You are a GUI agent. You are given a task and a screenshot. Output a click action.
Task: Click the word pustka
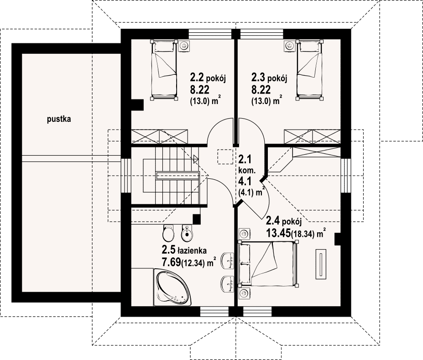(x=59, y=119)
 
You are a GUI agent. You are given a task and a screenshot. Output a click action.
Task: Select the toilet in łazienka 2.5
(x=169, y=233)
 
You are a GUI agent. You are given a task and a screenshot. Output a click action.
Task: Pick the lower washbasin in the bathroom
(x=227, y=284)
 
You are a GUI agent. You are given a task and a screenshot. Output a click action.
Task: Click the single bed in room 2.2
(x=164, y=70)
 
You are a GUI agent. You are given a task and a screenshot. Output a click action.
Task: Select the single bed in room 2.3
(x=309, y=70)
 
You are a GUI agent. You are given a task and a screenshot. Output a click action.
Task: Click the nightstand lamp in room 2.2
(x=184, y=46)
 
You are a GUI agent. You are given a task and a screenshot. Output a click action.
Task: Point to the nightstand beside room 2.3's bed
(x=290, y=46)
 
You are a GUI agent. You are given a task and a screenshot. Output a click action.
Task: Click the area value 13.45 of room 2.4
(x=278, y=233)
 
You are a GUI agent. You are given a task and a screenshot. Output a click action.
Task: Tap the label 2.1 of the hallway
(x=245, y=159)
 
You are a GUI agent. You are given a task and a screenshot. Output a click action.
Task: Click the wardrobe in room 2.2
(x=159, y=136)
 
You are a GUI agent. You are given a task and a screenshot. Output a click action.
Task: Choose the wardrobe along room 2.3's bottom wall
(x=313, y=136)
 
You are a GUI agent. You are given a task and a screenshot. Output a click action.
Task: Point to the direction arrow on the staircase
(x=196, y=159)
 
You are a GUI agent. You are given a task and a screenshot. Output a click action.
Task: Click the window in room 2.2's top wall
(x=210, y=34)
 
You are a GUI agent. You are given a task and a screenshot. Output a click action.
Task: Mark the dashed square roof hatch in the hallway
(x=225, y=157)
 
